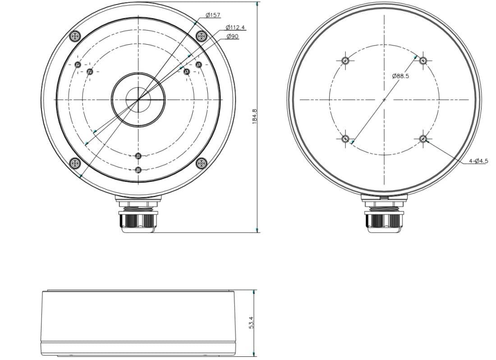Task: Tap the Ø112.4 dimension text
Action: tap(235, 27)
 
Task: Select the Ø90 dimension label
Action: tap(233, 37)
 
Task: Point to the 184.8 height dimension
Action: tap(255, 116)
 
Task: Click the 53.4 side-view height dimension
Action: tap(252, 323)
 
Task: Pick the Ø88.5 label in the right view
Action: tap(400, 76)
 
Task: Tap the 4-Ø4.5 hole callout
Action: tap(478, 161)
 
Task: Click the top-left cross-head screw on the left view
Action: tap(75, 36)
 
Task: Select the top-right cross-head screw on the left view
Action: tap(201, 36)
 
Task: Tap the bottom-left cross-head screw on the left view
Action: tap(75, 163)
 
